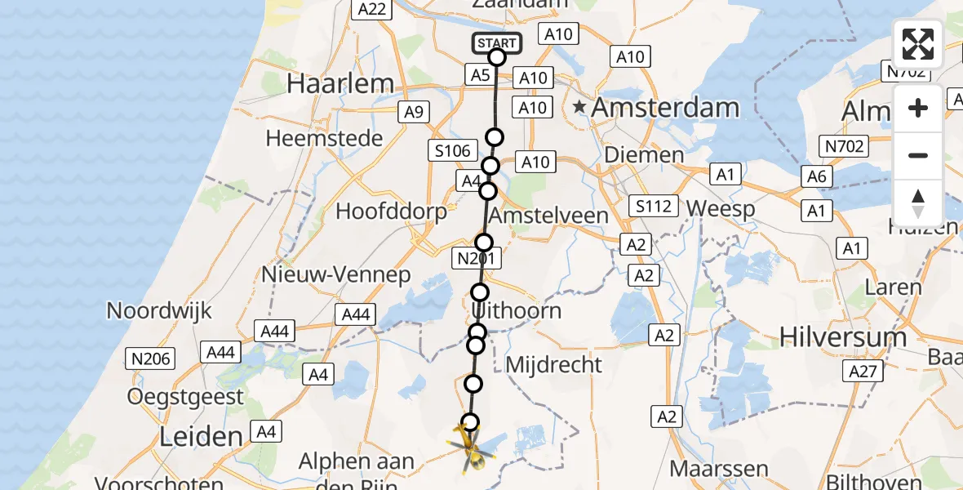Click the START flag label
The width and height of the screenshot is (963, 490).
(495, 42)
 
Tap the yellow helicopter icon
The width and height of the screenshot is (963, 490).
(468, 450)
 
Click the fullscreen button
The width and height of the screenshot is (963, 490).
(918, 44)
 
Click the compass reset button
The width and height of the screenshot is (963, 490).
(918, 203)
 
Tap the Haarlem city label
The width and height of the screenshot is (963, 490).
(340, 83)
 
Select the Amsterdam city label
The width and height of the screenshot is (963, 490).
(665, 107)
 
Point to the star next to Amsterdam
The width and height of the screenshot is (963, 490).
(580, 106)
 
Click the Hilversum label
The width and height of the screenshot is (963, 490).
(843, 336)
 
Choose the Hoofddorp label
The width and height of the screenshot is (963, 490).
(392, 212)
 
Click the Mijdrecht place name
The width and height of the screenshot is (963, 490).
(554, 364)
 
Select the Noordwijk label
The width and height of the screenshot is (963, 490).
(159, 310)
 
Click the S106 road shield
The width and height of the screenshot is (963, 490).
(453, 150)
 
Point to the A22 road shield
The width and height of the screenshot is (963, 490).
(371, 9)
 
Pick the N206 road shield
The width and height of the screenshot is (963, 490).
(149, 358)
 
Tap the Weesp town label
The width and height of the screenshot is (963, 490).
(721, 208)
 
